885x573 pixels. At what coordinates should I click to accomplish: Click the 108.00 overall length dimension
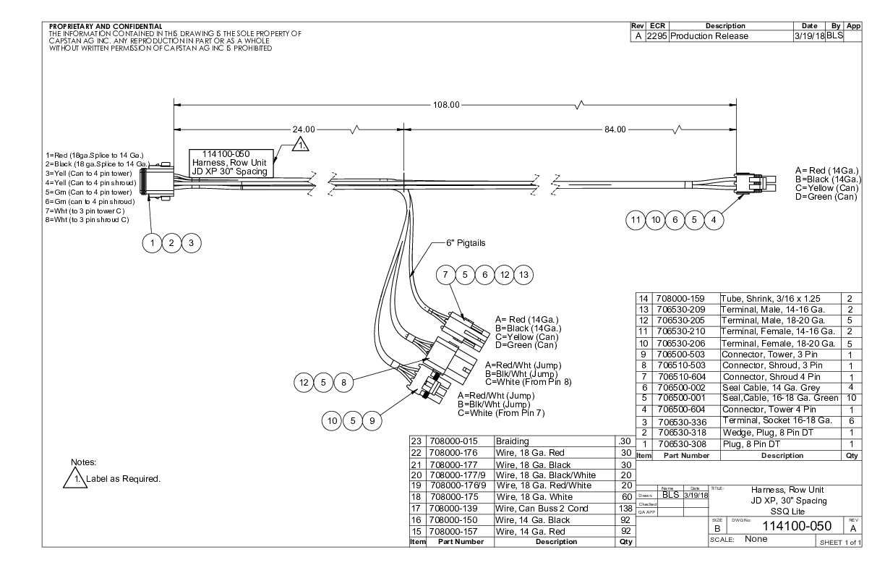pos(446,104)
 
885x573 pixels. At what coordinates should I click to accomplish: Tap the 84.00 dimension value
pos(615,130)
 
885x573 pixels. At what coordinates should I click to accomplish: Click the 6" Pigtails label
pos(466,243)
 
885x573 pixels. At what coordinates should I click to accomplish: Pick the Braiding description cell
pos(513,440)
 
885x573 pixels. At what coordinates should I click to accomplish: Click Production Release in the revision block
pos(709,36)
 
